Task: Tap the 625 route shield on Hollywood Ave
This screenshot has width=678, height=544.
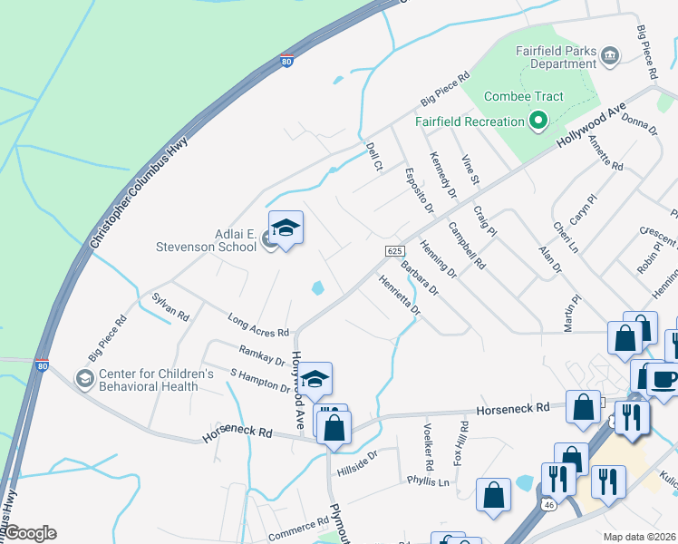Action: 393,250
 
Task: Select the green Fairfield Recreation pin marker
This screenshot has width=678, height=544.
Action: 538,121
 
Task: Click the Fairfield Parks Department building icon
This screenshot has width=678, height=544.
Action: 610,56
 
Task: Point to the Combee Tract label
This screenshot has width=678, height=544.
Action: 524,96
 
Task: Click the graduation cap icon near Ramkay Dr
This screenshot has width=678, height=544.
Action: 315,379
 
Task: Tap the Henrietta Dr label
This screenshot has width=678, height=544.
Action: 400,294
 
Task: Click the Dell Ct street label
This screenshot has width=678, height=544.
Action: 373,155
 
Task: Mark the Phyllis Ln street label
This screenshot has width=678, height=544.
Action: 428,481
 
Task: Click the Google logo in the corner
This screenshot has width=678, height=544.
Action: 29,533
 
